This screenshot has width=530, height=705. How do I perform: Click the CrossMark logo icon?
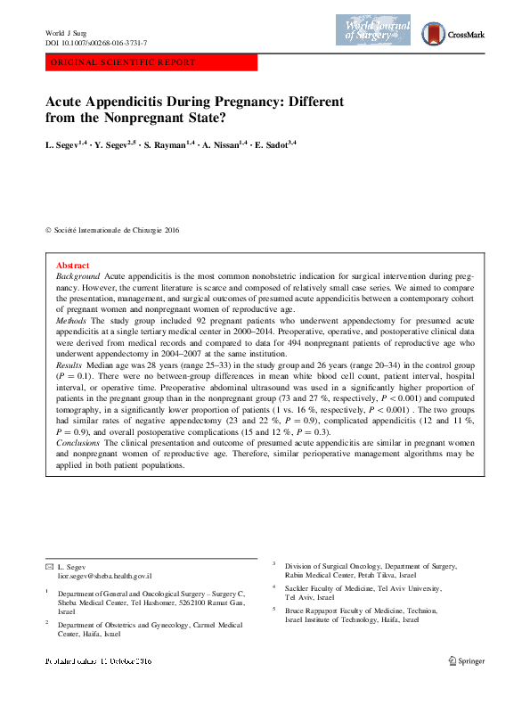point(432,34)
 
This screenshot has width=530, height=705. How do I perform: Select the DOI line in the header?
point(96,43)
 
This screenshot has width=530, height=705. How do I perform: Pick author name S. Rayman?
point(165,143)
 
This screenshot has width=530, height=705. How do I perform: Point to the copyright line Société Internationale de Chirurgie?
point(116,230)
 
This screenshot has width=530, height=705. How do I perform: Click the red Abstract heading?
point(72,266)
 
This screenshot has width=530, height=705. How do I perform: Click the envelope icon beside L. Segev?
point(49,567)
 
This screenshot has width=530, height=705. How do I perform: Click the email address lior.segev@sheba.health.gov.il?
point(104,577)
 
